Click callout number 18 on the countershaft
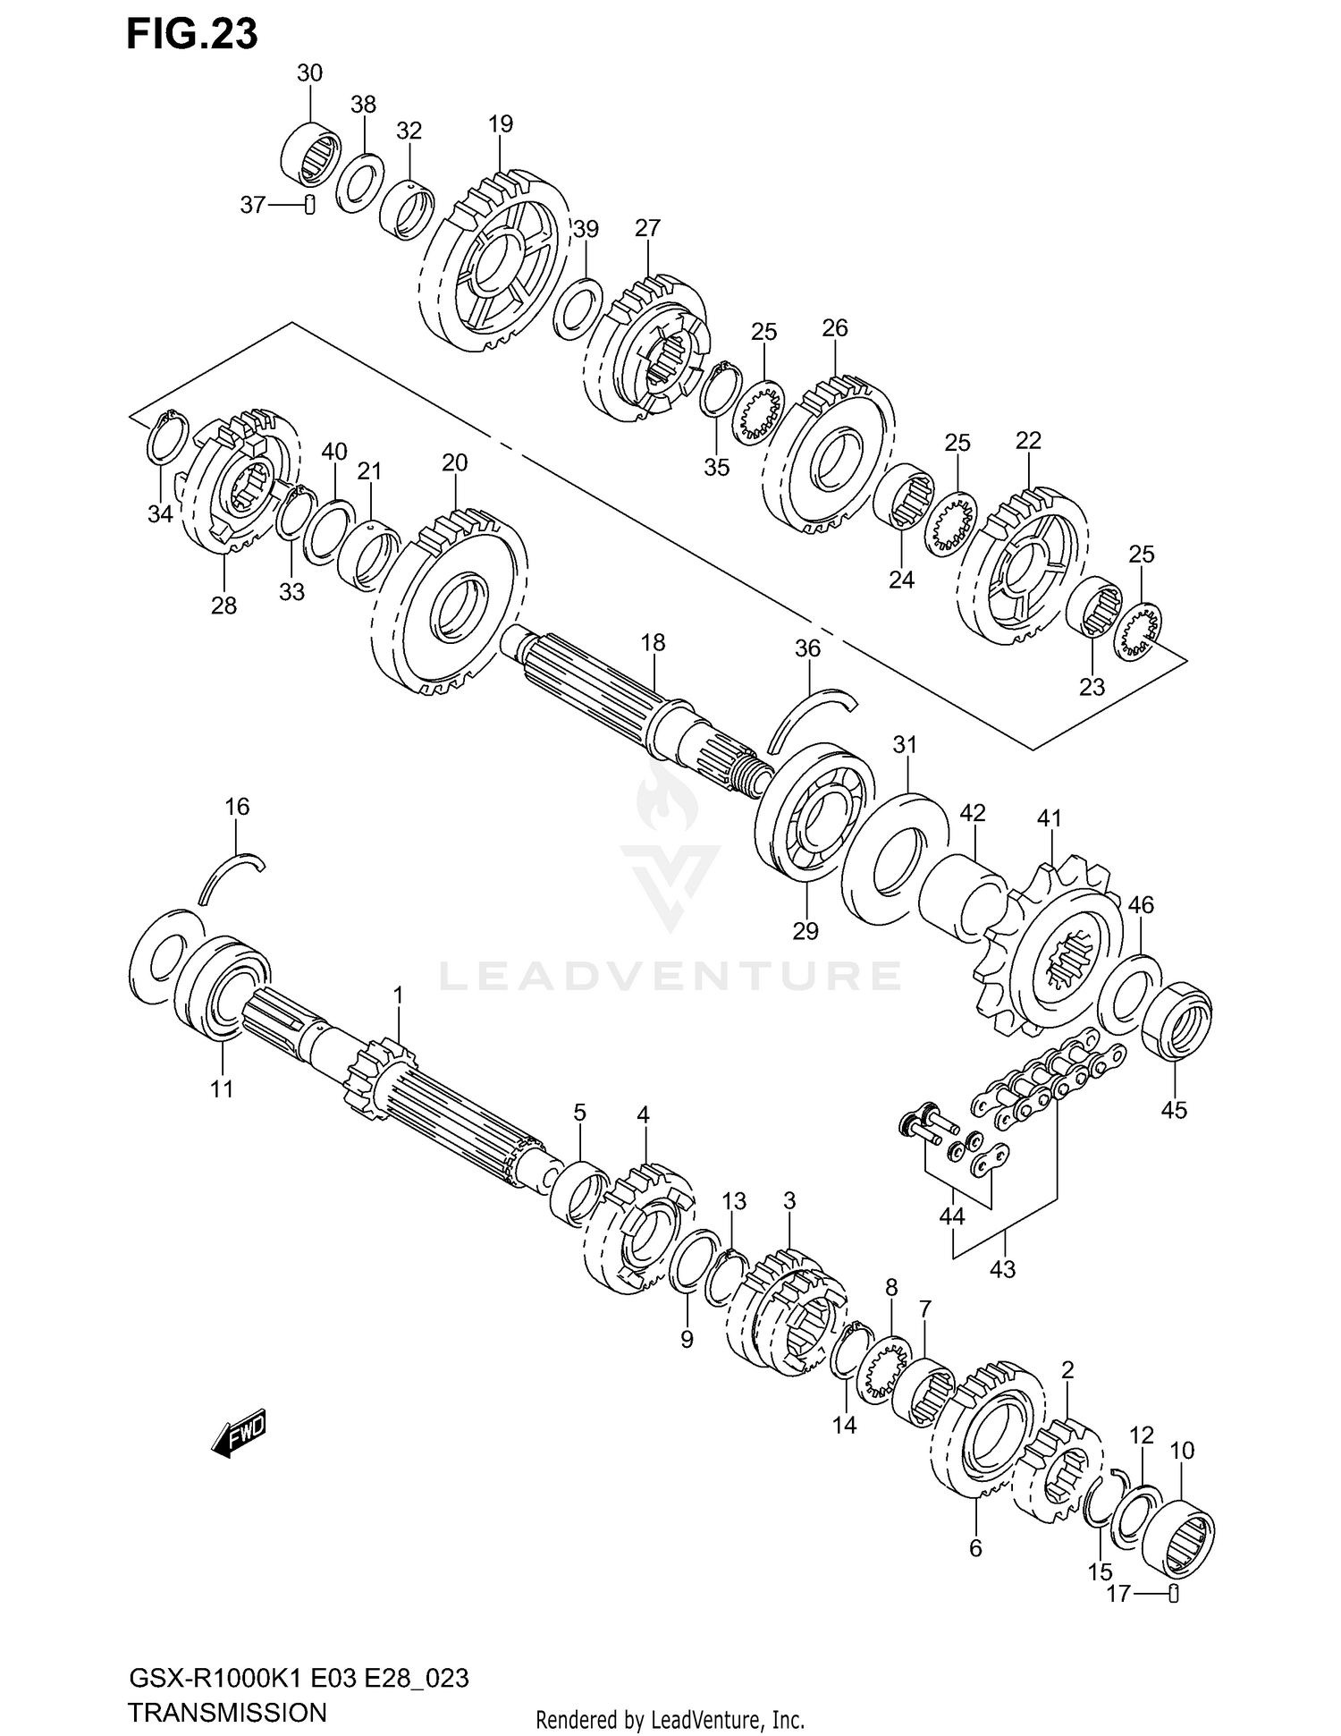click(653, 642)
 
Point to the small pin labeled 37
click(308, 205)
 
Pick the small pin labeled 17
click(1175, 1592)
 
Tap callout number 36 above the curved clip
click(807, 648)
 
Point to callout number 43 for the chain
click(1003, 1267)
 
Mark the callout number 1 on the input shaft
click(398, 995)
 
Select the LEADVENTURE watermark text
click(670, 975)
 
